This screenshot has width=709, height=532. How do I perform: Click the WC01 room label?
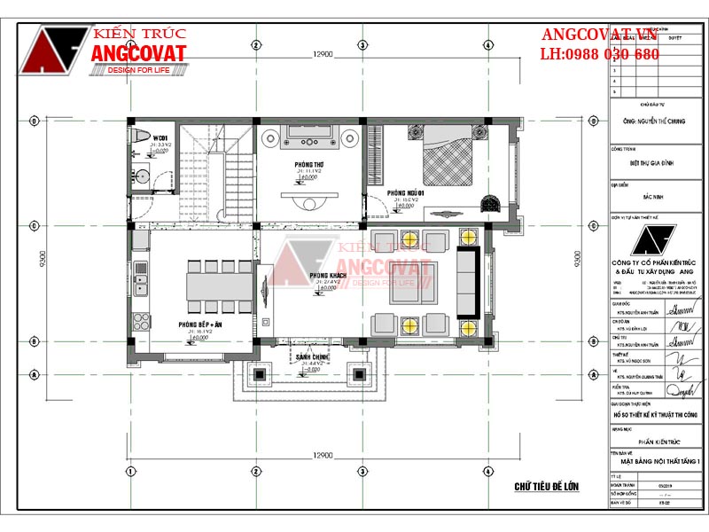[160, 138]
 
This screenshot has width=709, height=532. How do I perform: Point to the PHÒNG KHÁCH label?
[328, 278]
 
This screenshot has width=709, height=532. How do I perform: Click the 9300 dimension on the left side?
[42, 255]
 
